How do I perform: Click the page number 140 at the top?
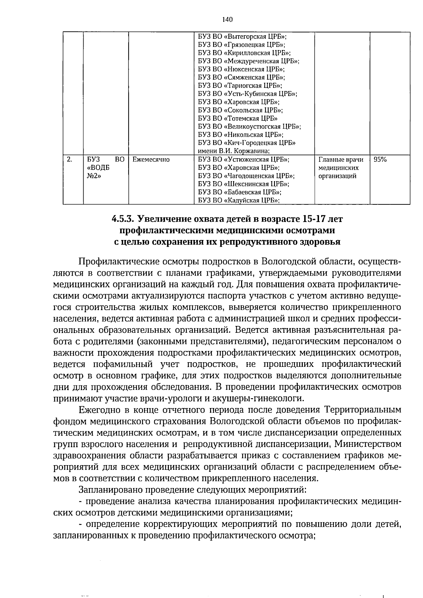[227, 20]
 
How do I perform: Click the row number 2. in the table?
[69, 160]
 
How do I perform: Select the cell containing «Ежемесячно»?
[151, 160]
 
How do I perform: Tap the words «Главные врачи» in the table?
[341, 160]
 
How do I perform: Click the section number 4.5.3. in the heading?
[123, 219]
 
